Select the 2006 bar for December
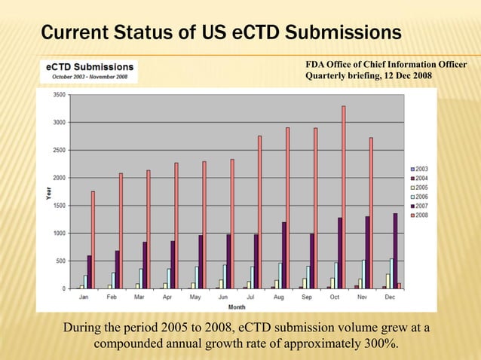coord(391,273)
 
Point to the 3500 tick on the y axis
coord(58,95)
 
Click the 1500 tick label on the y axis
coord(58,206)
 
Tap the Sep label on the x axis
coord(306,297)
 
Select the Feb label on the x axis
coord(112,297)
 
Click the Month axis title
coord(237,307)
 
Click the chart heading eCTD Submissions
coord(89,67)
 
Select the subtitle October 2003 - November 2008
coord(89,77)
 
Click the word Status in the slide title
coord(146,33)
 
